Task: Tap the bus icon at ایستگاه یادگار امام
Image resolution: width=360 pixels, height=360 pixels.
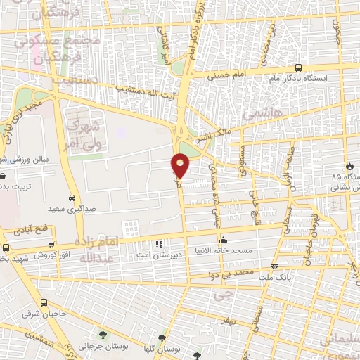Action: pos(299,68)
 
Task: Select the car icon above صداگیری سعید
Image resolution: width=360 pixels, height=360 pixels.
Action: pos(72,198)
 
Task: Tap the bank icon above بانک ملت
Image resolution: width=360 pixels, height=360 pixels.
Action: pos(274,267)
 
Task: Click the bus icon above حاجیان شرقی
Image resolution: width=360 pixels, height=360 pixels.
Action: pos(44,302)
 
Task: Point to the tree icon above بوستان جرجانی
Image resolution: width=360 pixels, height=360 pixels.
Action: pos(103,333)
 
